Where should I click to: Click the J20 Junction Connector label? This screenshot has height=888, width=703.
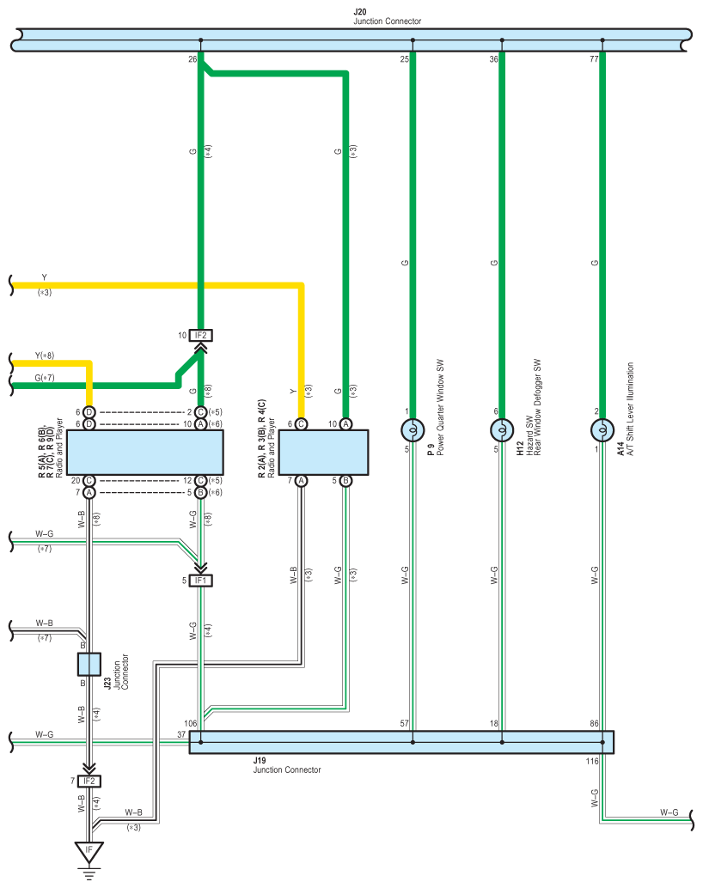coord(388,16)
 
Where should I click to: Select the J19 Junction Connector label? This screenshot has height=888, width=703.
coord(287,765)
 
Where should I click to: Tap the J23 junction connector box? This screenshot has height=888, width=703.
coord(89,665)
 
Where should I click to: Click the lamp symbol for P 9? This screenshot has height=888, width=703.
coord(413,430)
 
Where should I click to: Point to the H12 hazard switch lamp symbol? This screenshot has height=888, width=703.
coord(502,430)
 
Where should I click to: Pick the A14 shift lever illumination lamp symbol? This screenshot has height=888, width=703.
coord(602,430)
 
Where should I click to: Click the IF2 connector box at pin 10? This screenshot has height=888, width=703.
coord(201,335)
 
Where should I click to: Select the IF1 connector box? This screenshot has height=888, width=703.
coord(201,581)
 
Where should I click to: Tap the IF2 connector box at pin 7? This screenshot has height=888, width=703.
coord(89,781)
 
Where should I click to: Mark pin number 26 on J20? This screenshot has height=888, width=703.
coord(193,59)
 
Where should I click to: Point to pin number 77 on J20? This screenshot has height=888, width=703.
coord(594,59)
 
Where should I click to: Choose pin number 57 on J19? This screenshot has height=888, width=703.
coord(404,723)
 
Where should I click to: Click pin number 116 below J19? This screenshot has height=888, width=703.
coord(592,761)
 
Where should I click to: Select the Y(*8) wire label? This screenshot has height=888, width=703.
coord(44,356)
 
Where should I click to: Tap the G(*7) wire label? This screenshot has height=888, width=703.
coord(44,378)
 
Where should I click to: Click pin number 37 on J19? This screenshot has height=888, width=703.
coord(181,734)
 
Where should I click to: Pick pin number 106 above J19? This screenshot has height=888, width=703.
coord(191,723)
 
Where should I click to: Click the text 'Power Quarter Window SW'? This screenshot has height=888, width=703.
coord(441,407)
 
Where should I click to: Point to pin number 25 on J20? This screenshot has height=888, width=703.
coord(404,59)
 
